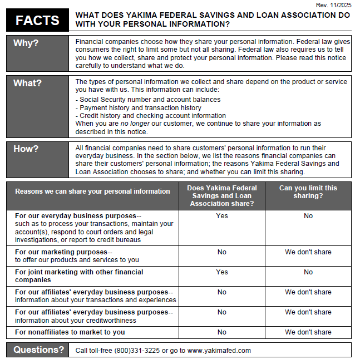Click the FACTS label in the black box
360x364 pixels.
click(x=37, y=21)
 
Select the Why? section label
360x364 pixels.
click(x=26, y=43)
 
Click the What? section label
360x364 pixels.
click(x=28, y=83)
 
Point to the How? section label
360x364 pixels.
click(x=26, y=149)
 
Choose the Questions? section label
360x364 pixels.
click(x=39, y=350)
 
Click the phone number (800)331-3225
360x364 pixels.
click(x=140, y=351)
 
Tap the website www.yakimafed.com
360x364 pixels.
click(x=219, y=351)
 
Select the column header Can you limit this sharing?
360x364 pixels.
click(x=308, y=192)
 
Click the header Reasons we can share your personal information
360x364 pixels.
click(x=92, y=191)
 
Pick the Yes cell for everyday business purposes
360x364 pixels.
click(x=221, y=216)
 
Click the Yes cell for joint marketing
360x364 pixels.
click(x=221, y=272)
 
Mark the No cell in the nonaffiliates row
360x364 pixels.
click(x=221, y=332)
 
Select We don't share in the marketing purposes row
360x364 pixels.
click(x=308, y=252)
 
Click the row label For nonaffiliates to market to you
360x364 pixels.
click(x=70, y=332)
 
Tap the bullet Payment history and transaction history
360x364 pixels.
click(x=140, y=108)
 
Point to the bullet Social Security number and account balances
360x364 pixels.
click(x=150, y=100)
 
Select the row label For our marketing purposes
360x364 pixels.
click(x=63, y=252)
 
